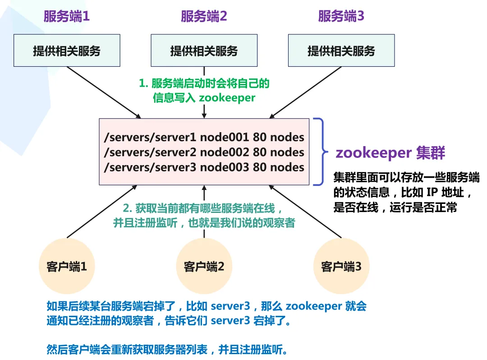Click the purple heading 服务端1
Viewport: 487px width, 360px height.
click(66, 17)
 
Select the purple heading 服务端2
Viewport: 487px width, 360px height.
click(204, 17)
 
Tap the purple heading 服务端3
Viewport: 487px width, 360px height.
click(341, 17)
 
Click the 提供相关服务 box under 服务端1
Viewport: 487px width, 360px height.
click(67, 51)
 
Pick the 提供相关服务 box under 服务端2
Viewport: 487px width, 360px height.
click(204, 51)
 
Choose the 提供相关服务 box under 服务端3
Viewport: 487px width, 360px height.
click(341, 51)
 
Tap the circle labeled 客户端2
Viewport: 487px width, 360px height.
click(204, 267)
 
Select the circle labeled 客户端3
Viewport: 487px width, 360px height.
click(341, 267)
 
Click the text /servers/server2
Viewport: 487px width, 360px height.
click(150, 152)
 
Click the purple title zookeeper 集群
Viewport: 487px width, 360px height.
click(390, 153)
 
